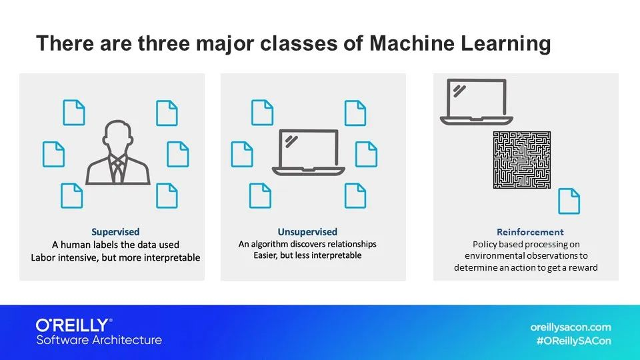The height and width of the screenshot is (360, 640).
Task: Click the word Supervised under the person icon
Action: pos(115,232)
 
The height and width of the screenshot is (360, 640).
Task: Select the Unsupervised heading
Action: pos(307,232)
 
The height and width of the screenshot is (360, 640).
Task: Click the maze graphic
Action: pos(521,159)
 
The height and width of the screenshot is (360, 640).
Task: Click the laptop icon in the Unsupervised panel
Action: pos(309,152)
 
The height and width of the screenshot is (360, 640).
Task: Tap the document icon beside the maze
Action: pos(569,201)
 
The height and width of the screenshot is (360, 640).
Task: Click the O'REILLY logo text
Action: pos(74,325)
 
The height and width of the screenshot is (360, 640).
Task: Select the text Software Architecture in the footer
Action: pos(99,340)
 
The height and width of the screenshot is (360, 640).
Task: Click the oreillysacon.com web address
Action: pos(570,327)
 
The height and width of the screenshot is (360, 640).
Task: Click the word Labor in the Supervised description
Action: pos(43,257)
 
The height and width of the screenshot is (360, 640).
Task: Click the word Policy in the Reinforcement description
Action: pos(484,244)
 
